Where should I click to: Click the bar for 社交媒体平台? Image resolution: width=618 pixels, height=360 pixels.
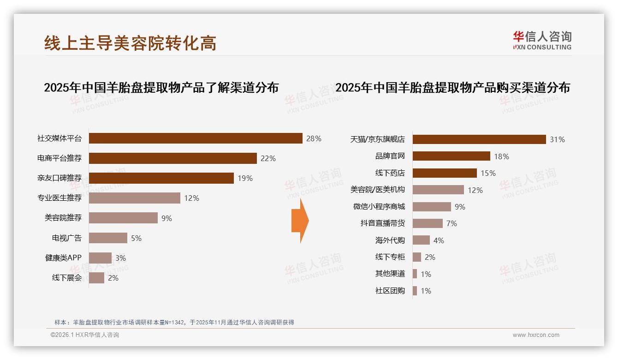pos(196,138)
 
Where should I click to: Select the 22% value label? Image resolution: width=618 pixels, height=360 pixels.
pos(268,158)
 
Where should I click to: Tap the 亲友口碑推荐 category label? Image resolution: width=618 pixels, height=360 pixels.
pos(59,178)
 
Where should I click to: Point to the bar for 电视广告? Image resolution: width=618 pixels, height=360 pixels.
pos(108,238)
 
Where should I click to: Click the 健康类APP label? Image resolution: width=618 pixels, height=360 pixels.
pos(63,258)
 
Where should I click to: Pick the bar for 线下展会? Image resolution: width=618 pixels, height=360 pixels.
pos(96,278)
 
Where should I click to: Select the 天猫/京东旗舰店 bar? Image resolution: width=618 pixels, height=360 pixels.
pos(479,139)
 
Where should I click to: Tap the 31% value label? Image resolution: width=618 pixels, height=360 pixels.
pos(557,139)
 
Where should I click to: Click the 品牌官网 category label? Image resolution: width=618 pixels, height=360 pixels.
pos(390,156)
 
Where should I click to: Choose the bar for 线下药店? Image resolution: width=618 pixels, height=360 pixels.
pos(445,173)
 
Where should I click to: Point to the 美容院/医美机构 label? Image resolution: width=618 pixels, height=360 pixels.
pos(378,190)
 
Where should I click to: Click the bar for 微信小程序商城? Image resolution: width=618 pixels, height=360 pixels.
pos(432,207)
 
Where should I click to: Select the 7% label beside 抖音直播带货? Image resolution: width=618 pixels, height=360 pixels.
pos(452,223)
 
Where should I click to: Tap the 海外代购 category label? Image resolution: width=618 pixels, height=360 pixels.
pos(390,240)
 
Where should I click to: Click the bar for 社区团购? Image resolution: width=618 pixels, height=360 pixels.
pos(415,291)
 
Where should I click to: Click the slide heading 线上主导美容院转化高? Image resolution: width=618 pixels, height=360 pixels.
pos(130,43)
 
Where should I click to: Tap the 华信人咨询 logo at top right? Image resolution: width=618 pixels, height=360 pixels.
pos(542,40)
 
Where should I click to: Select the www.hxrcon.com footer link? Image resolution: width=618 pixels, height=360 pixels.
pos(536,335)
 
